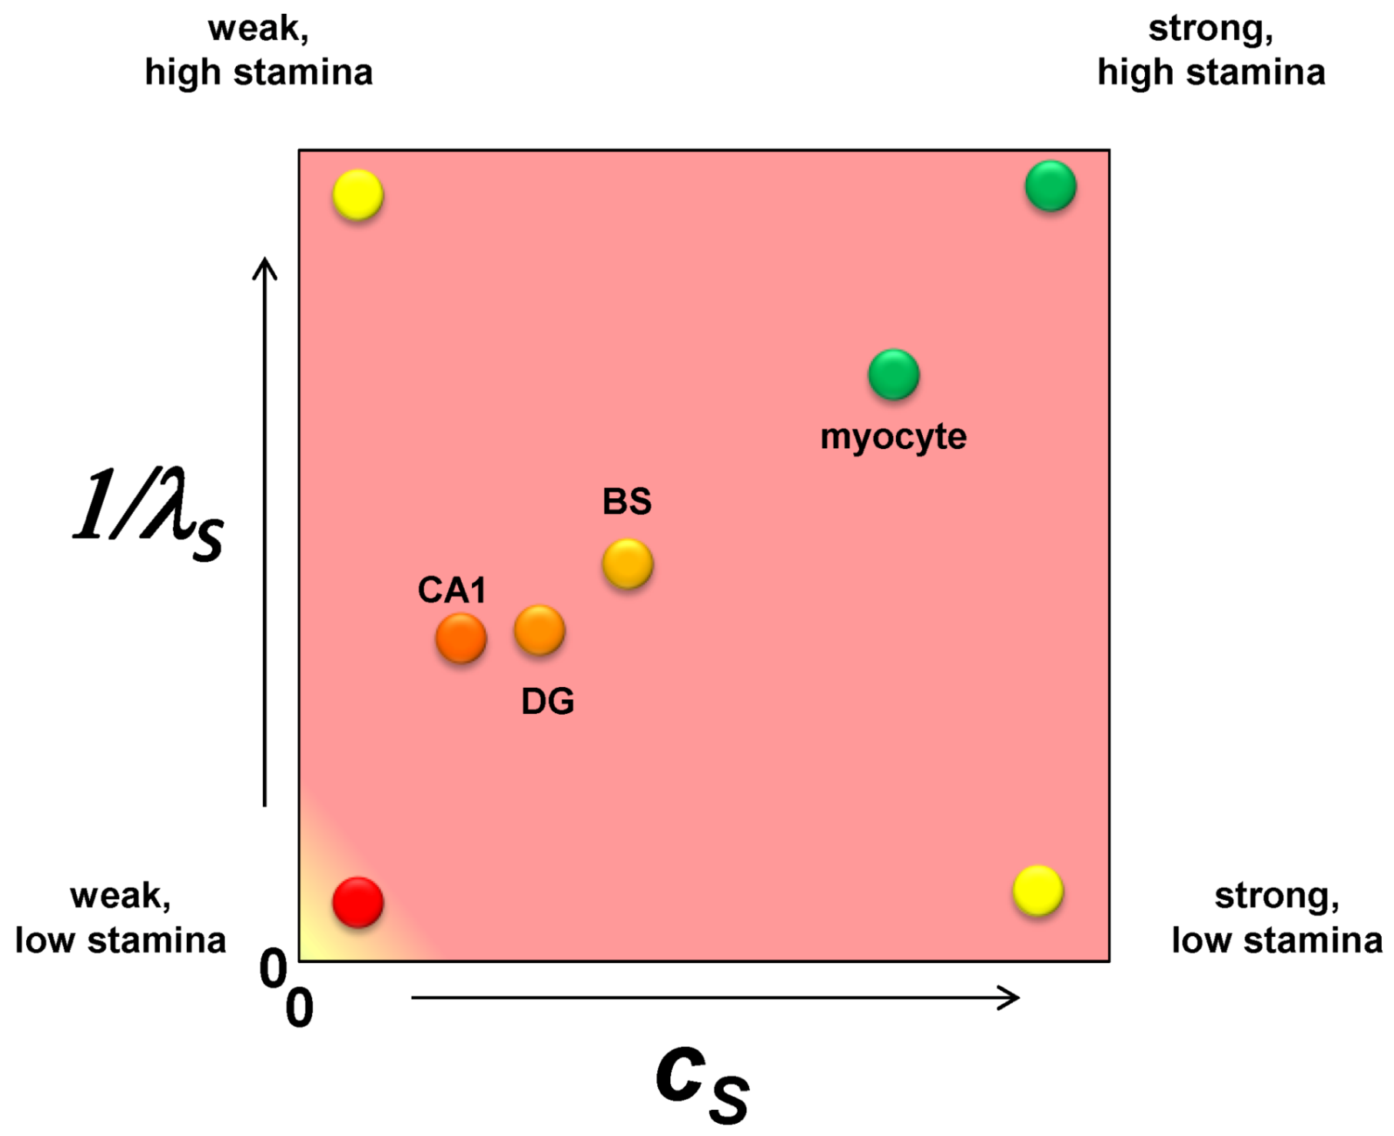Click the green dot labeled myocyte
point(894,375)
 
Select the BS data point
point(628,564)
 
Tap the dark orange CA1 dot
point(461,638)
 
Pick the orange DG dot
point(539,630)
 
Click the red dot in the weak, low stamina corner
point(358,902)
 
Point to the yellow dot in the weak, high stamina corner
point(358,195)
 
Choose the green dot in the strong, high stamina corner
point(1050,186)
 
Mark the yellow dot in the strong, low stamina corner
point(1038,891)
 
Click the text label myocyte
point(893,437)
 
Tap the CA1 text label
point(452,590)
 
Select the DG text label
point(547,701)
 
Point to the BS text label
point(627,502)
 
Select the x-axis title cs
point(702,1084)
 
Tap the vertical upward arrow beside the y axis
point(265,530)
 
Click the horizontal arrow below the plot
point(715,998)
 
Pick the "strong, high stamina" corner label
point(1211,51)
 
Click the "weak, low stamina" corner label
point(121,918)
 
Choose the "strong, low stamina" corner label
point(1276,918)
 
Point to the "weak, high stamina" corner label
point(259,51)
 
